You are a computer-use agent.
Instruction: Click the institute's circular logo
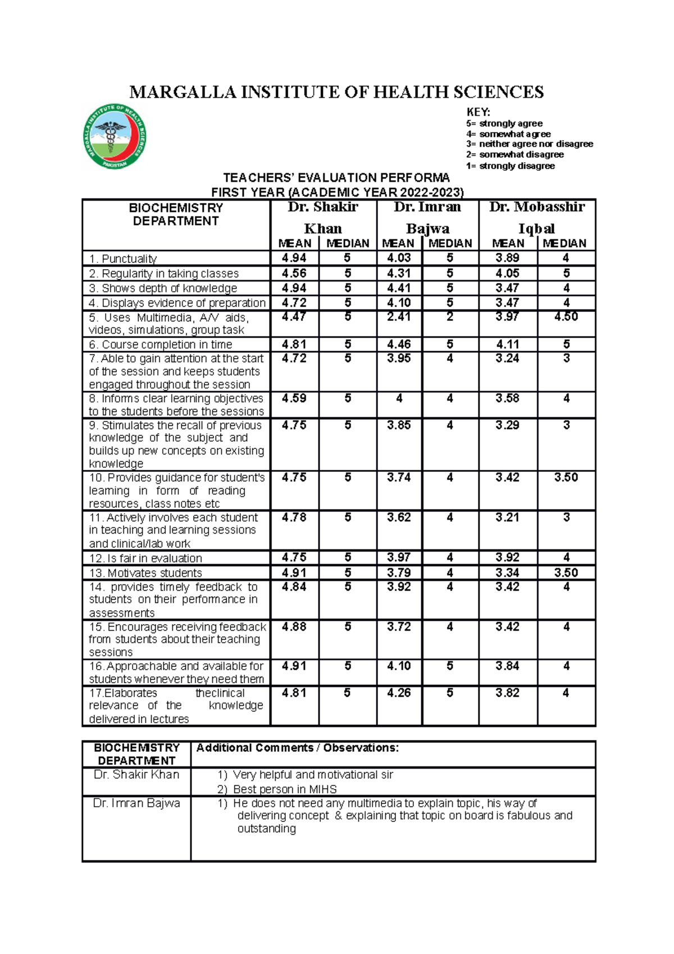(x=115, y=136)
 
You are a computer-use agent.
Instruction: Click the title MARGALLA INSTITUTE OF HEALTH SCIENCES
(x=336, y=92)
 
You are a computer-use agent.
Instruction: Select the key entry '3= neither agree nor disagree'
(x=529, y=144)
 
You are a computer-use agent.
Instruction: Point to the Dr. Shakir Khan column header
(x=323, y=217)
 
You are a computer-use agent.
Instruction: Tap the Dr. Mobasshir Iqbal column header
(x=536, y=217)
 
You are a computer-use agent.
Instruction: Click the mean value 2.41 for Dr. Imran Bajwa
(x=399, y=317)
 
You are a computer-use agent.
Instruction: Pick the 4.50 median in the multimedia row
(x=566, y=317)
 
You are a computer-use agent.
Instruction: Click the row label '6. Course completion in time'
(x=160, y=344)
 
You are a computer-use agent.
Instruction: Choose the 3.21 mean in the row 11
(x=507, y=517)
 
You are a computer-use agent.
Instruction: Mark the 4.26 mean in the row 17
(x=399, y=693)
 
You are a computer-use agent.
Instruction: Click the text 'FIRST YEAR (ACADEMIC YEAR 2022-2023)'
(x=337, y=192)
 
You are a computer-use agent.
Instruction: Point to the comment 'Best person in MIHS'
(x=285, y=789)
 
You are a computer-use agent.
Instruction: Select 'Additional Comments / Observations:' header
(x=297, y=748)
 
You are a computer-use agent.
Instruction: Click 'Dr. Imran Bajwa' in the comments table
(x=136, y=803)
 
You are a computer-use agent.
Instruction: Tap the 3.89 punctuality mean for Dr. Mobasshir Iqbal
(x=507, y=258)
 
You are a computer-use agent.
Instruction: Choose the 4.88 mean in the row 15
(x=294, y=627)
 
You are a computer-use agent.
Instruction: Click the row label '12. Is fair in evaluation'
(x=145, y=558)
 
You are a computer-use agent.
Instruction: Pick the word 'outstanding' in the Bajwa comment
(x=266, y=829)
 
